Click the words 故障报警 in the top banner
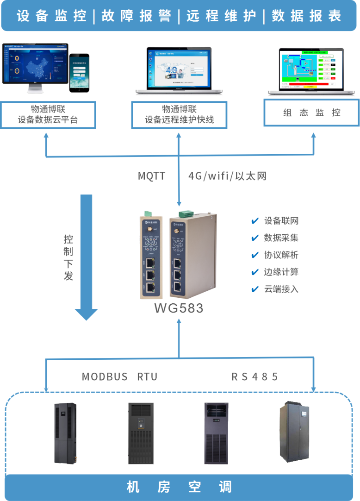tap(136, 16)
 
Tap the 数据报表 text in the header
tap(306, 16)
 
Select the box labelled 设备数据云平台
tap(48, 115)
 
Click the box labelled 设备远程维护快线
tap(180, 115)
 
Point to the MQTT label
tap(152, 176)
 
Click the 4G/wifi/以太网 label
tap(227, 176)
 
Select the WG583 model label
tap(179, 308)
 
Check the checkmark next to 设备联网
tap(254, 221)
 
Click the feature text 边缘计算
tap(281, 272)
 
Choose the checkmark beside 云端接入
tap(254, 289)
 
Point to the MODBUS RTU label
tap(120, 376)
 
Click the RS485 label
tap(255, 376)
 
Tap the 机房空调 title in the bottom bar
tap(180, 487)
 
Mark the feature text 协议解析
tap(281, 255)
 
